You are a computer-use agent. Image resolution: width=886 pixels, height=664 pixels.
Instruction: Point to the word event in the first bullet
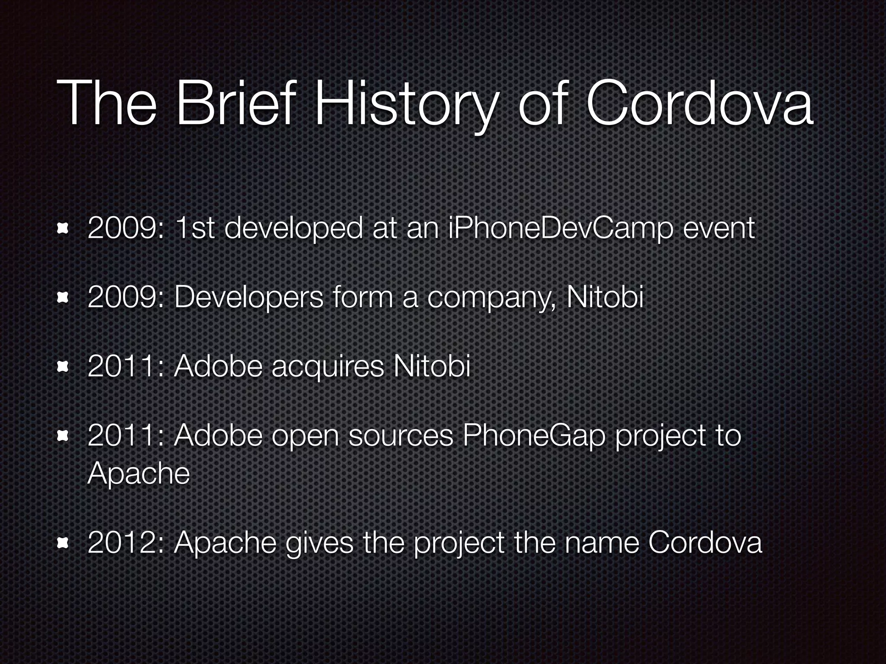click(719, 229)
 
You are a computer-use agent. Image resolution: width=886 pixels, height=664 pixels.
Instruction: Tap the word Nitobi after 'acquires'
click(431, 367)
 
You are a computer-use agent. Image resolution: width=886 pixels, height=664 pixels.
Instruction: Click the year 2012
click(122, 543)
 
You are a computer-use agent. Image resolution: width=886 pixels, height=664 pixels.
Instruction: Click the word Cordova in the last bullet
click(705, 543)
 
